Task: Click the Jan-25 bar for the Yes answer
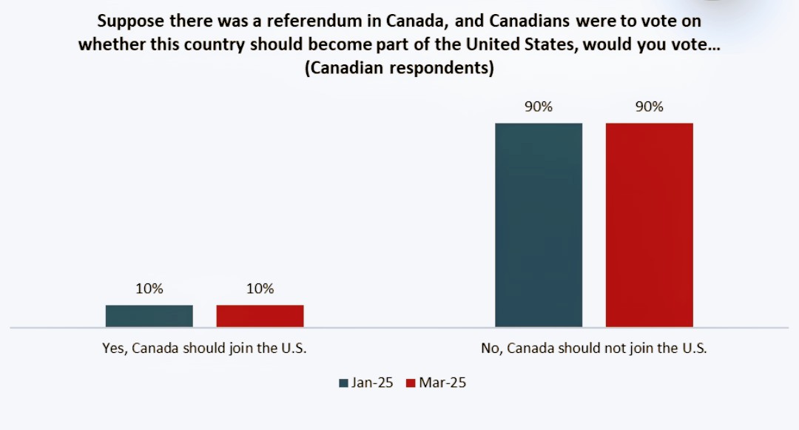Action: coord(149,315)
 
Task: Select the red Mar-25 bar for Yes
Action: coord(260,315)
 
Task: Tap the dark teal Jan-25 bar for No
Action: coord(539,224)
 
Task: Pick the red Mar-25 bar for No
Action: coord(649,224)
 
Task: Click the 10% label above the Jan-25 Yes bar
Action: coord(149,289)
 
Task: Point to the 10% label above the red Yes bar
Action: coord(260,289)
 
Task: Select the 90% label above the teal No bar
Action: coord(539,107)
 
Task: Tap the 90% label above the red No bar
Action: coord(649,107)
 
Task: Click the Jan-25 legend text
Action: coord(372,383)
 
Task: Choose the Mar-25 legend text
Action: coord(442,383)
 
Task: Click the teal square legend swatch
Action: coord(343,383)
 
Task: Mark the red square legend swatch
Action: coord(411,383)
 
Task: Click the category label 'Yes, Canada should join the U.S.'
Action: coord(203,348)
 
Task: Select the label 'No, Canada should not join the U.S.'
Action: coord(594,348)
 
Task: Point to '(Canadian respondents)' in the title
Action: coord(399,68)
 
